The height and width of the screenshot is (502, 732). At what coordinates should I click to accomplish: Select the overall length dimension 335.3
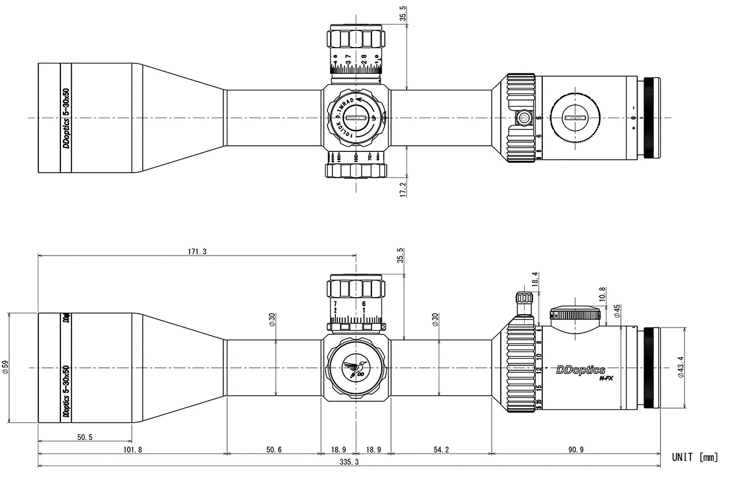click(x=349, y=462)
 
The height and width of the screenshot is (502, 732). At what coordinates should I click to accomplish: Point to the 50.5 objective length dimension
click(x=85, y=437)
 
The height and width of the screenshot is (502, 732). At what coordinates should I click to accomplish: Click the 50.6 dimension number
click(x=274, y=450)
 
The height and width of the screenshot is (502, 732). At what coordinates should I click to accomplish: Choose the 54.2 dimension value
click(x=441, y=450)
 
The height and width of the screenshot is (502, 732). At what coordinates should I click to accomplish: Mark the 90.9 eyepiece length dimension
click(x=576, y=450)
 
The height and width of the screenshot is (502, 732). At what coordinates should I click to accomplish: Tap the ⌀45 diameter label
click(x=617, y=312)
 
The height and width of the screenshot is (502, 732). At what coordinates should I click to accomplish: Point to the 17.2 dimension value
click(x=402, y=188)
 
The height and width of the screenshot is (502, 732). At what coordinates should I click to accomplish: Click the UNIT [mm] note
click(x=695, y=457)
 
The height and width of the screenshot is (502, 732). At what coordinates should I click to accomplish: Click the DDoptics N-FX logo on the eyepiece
click(x=581, y=371)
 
